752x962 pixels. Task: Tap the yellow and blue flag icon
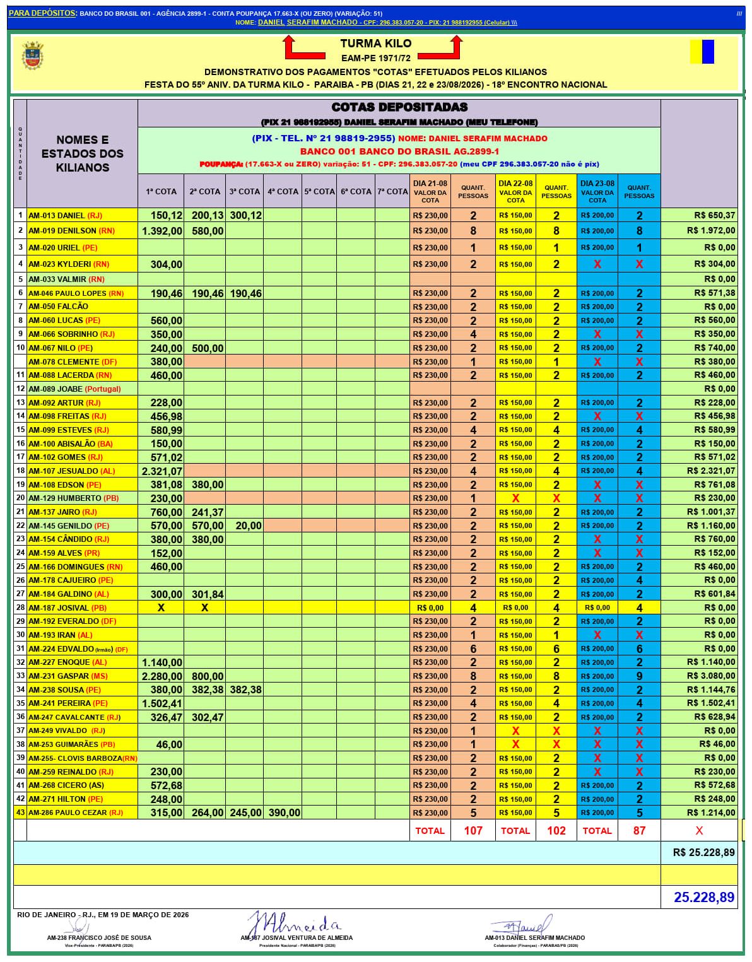702,52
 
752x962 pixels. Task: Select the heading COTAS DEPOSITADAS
399,107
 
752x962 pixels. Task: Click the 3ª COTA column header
245,191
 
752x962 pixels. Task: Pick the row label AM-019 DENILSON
62,231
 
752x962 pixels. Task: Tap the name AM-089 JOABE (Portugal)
74,389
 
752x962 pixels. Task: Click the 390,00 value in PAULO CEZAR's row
284,812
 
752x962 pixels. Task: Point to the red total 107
473,831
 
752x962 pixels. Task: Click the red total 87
639,831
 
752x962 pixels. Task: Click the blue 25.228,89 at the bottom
704,897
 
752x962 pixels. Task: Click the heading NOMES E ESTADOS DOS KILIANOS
83,153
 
